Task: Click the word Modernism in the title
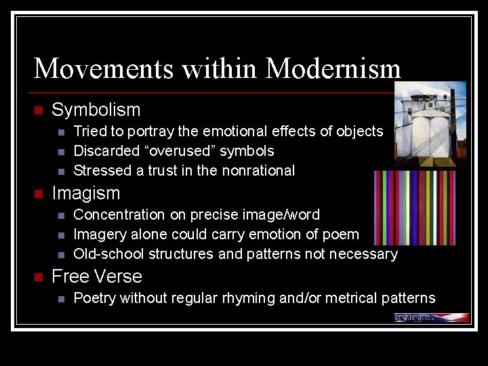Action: pos(333,68)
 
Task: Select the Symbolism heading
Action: pos(96,110)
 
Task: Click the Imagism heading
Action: pos(85,193)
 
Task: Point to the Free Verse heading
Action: pos(97,277)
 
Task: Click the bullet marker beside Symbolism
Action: pos(38,110)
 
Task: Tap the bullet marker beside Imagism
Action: pos(38,194)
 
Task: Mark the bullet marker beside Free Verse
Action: pos(38,277)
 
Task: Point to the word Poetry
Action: pos(94,298)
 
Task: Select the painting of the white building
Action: pos(430,124)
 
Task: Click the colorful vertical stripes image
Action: pos(415,207)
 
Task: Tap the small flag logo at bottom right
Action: pos(432,317)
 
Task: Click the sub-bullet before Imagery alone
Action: pos(61,235)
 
